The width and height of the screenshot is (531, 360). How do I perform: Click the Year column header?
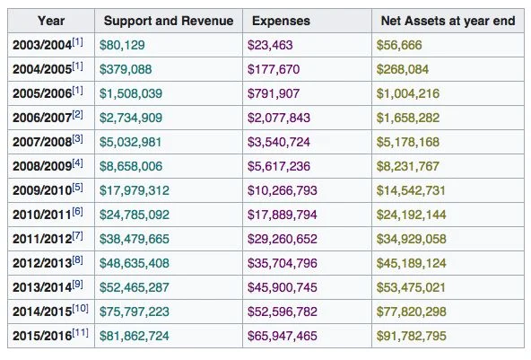pyautogui.click(x=51, y=21)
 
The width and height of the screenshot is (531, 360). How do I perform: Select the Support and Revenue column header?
pyautogui.click(x=169, y=21)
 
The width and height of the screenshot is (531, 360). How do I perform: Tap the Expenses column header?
pyautogui.click(x=281, y=21)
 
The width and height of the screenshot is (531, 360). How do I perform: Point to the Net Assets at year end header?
pyautogui.click(x=448, y=21)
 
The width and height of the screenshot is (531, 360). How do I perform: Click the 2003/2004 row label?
pyautogui.click(x=42, y=45)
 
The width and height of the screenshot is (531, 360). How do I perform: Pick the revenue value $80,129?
pyautogui.click(x=122, y=45)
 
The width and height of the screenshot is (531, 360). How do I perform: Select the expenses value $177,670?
pyautogui.click(x=274, y=69)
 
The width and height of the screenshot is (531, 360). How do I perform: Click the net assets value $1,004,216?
pyautogui.click(x=408, y=93)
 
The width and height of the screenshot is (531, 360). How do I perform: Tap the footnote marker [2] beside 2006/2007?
pyautogui.click(x=77, y=115)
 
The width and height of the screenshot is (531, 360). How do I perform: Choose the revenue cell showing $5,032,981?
pyautogui.click(x=130, y=142)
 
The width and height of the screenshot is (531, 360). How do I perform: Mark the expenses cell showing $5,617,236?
pyautogui.click(x=279, y=166)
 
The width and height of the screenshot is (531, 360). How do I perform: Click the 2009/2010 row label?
pyautogui.click(x=42, y=190)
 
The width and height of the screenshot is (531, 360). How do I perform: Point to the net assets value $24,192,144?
pyautogui.click(x=411, y=215)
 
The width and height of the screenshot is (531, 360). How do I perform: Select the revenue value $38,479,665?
pyautogui.click(x=135, y=239)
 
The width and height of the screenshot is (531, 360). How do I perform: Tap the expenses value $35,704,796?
pyautogui.click(x=282, y=263)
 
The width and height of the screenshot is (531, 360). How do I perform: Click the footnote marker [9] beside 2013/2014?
pyautogui.click(x=77, y=285)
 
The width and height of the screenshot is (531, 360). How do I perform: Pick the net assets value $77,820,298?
pyautogui.click(x=411, y=312)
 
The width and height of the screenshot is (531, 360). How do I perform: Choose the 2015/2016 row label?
pyautogui.click(x=42, y=336)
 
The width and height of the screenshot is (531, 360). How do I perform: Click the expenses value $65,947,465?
pyautogui.click(x=282, y=336)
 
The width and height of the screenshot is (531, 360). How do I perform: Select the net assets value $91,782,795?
pyautogui.click(x=411, y=336)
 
